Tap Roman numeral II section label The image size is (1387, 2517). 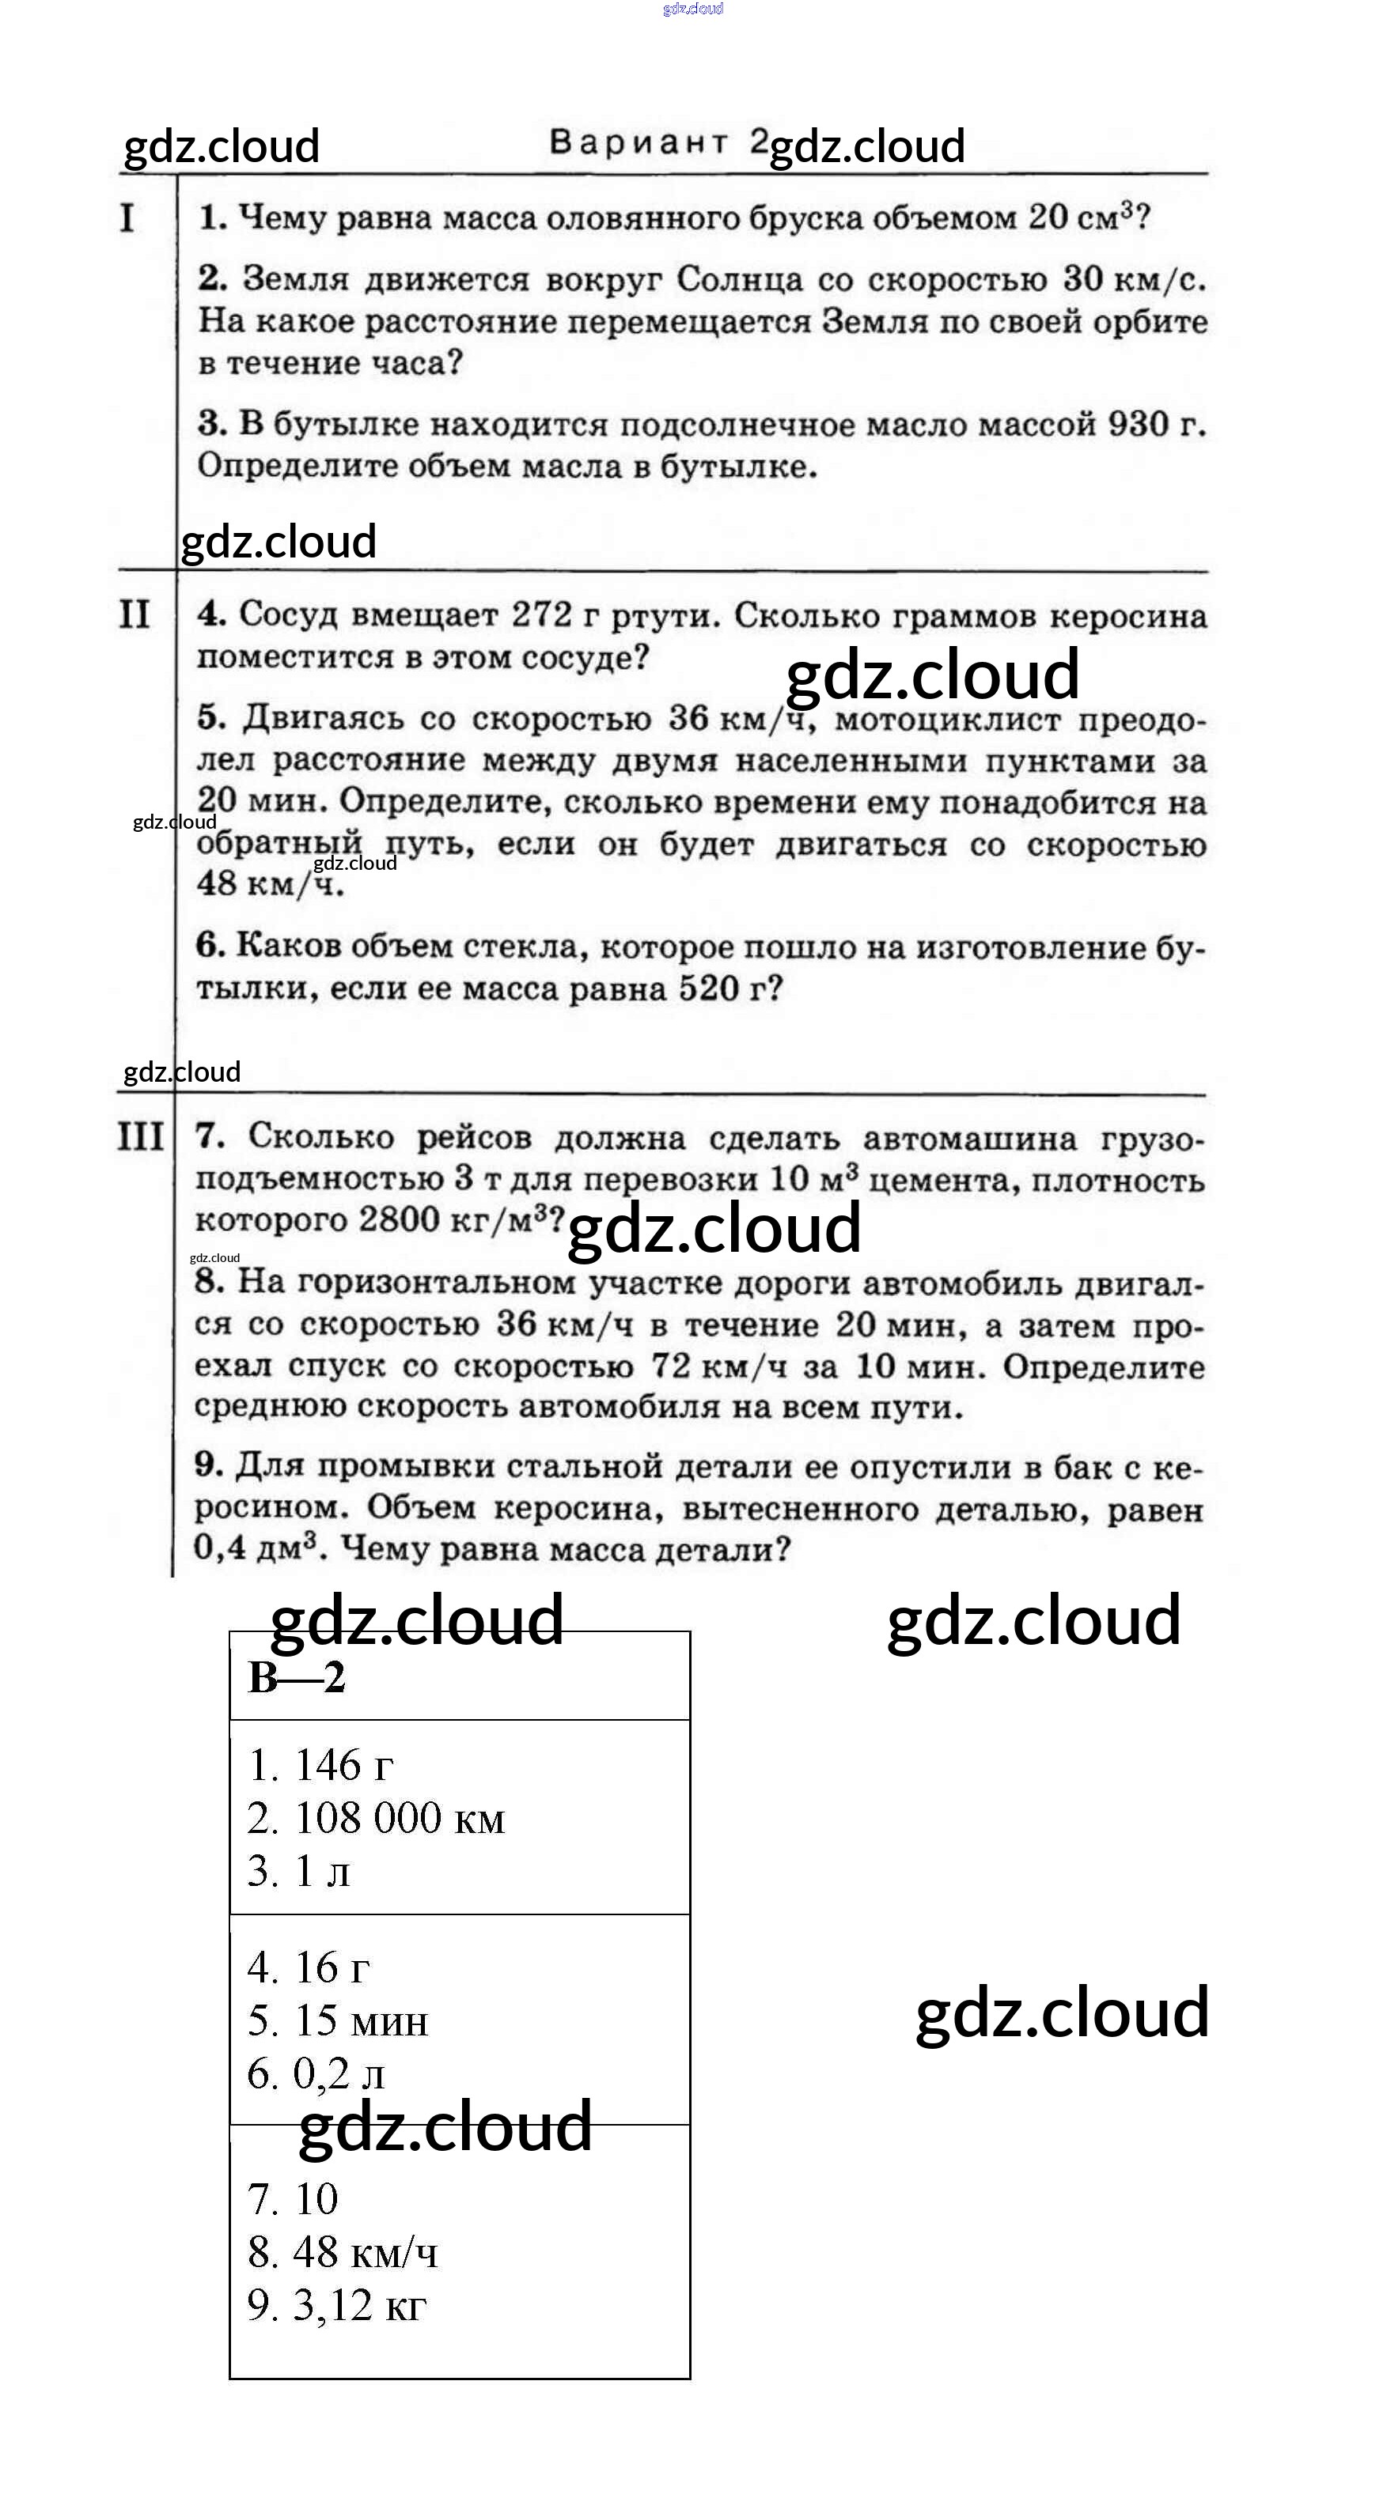pyautogui.click(x=135, y=614)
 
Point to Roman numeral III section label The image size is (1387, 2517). pyautogui.click(x=141, y=1136)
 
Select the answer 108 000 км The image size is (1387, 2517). pyautogui.click(x=399, y=1819)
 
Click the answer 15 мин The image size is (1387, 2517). pyautogui.click(x=361, y=2020)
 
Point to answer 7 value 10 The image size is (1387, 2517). pyautogui.click(x=316, y=2199)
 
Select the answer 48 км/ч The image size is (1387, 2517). pyautogui.click(x=365, y=2252)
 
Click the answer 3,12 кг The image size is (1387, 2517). pyautogui.click(x=358, y=2305)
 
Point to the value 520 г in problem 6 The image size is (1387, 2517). pyautogui.click(x=731, y=988)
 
